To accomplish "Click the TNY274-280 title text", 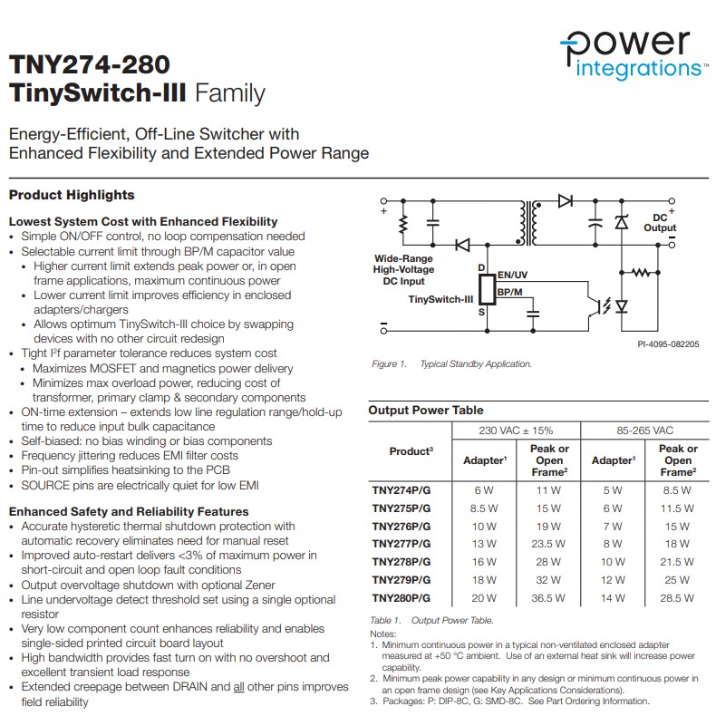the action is (x=89, y=65).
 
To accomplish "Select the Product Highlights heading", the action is (x=72, y=195).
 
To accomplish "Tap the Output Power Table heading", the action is (x=426, y=411).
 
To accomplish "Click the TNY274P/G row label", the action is (x=402, y=490).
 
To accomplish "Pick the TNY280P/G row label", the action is (x=402, y=598).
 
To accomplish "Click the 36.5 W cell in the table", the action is (x=548, y=598).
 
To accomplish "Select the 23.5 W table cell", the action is (x=548, y=544).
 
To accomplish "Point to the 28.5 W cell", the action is (x=677, y=598).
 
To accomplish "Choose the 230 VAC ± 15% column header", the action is (x=516, y=431).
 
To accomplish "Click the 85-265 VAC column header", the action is (x=644, y=431).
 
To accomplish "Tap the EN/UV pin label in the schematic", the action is (x=513, y=273).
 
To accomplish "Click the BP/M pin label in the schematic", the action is (x=509, y=290).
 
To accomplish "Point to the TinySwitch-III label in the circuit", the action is (x=440, y=298).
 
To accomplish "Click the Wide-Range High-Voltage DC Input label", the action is (x=403, y=269).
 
